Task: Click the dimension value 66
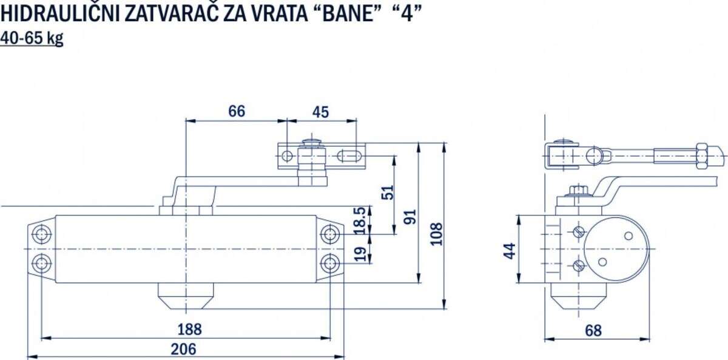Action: (237, 112)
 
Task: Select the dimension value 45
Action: (320, 112)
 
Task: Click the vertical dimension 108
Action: (436, 234)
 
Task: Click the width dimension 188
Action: (189, 329)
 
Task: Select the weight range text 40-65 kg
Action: (32, 38)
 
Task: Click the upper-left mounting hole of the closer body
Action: (42, 234)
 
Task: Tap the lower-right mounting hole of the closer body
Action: (329, 263)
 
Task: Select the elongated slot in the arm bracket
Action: (349, 156)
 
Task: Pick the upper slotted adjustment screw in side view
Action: (578, 233)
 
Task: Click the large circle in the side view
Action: (616, 249)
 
